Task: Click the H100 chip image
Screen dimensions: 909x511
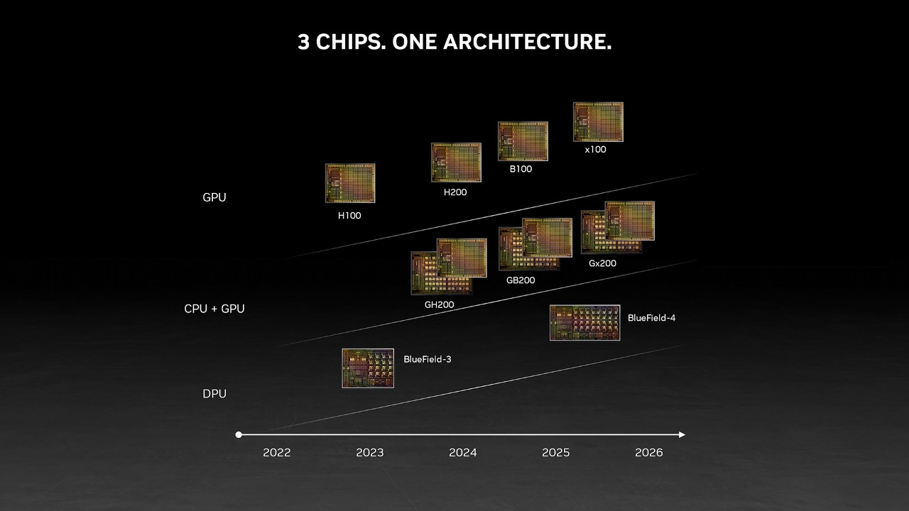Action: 350,183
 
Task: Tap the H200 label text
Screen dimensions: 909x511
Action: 455,192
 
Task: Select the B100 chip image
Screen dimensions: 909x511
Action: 523,141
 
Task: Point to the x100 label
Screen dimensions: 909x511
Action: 595,150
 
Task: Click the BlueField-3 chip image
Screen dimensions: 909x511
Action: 368,368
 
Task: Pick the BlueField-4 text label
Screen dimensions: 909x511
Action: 651,318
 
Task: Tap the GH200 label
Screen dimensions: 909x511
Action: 439,304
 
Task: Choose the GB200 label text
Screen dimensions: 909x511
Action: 521,280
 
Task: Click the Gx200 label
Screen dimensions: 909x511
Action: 602,263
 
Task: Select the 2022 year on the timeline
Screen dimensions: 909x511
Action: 277,453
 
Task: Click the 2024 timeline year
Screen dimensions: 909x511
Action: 462,453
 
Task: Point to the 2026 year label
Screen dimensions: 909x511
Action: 648,453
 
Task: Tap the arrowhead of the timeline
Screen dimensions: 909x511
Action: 682,435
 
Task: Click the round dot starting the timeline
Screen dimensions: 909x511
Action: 239,435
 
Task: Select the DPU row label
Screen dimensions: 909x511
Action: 214,394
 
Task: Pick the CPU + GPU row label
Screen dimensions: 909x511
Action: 214,309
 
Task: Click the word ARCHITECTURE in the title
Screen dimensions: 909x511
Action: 527,42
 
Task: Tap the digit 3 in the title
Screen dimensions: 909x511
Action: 303,42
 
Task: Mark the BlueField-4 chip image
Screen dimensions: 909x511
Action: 584,323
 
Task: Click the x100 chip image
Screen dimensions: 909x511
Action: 598,121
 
